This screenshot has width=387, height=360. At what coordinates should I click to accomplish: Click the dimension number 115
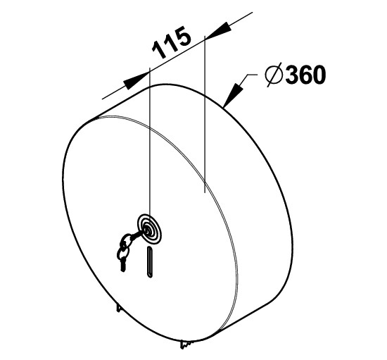172,42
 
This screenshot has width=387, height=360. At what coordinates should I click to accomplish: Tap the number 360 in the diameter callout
305,75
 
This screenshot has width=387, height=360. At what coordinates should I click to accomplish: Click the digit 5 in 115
183,37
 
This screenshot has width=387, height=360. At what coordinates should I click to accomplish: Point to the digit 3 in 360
292,75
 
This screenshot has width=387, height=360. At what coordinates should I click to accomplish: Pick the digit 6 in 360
305,75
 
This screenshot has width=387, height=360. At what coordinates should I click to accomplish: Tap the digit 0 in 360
319,75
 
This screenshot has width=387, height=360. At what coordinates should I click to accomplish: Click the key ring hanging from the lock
122,252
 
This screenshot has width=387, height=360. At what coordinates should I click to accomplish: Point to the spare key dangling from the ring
122,264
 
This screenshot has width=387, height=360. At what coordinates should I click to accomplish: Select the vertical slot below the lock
150,262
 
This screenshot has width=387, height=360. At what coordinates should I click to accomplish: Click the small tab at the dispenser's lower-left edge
119,308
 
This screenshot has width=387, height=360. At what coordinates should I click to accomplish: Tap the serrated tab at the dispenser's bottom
186,345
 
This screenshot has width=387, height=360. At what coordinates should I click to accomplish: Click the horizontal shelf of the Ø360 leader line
252,75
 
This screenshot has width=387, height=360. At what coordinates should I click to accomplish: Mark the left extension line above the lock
150,141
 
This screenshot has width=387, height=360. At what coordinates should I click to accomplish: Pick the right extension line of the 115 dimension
205,114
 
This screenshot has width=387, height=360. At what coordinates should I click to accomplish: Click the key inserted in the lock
138,235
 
